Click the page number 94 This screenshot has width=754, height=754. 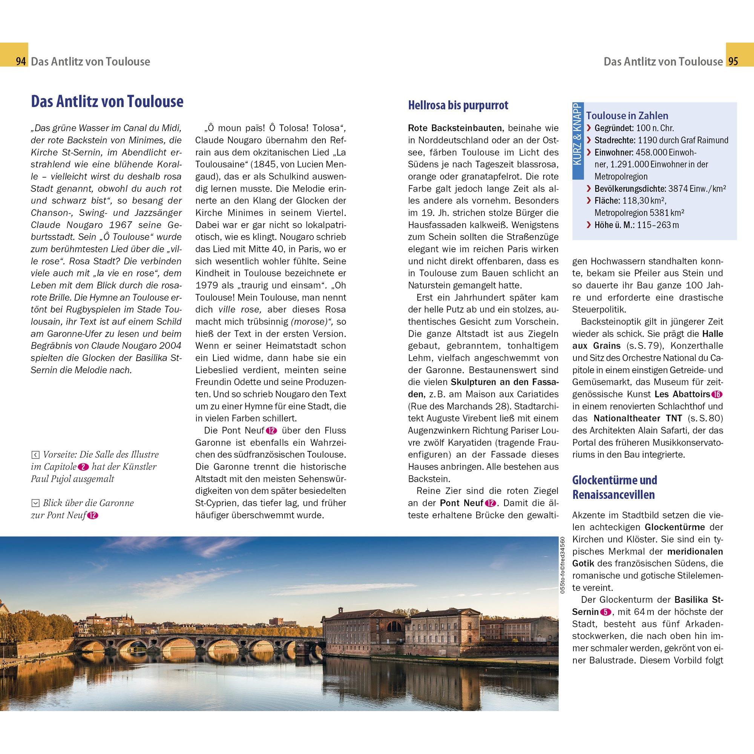point(20,62)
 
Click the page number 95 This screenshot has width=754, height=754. point(733,62)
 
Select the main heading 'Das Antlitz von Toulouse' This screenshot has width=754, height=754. point(107,101)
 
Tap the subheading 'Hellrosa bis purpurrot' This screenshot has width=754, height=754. point(458,106)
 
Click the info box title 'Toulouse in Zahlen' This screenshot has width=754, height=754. point(627,115)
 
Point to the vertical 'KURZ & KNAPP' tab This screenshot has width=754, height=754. point(578,141)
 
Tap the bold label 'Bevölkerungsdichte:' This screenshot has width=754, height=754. point(630,189)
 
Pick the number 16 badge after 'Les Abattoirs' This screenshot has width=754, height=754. point(717,395)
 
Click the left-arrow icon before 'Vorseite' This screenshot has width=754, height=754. point(35,455)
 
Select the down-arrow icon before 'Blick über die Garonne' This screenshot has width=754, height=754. point(35,503)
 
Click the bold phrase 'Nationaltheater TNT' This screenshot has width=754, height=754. point(638,418)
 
